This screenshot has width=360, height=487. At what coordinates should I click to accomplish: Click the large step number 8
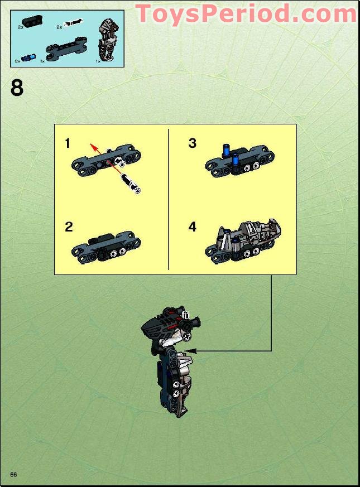(x=17, y=88)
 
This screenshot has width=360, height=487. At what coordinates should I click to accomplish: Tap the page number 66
(x=13, y=474)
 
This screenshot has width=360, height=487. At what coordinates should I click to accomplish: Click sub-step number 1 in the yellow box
(x=68, y=143)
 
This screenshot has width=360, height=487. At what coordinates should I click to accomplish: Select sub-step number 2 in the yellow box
(x=69, y=227)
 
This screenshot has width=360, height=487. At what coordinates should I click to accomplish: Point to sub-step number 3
(x=193, y=143)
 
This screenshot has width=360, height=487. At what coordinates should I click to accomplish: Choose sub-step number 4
(x=193, y=227)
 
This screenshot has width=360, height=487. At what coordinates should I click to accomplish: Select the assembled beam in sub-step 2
(x=106, y=247)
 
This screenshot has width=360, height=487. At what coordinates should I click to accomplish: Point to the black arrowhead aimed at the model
(x=196, y=350)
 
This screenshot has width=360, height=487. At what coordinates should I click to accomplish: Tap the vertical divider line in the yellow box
(x=169, y=199)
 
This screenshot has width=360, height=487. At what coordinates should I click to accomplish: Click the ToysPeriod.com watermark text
(x=246, y=14)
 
